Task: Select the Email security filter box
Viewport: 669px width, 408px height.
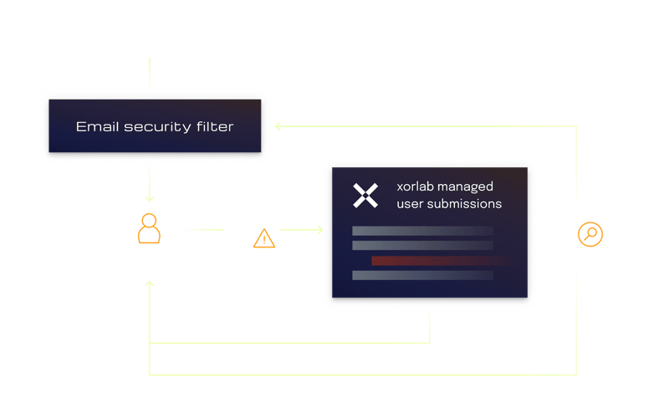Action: coord(155,127)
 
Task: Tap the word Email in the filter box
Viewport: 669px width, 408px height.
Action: coord(93,127)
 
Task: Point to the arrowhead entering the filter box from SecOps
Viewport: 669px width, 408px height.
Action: coord(280,127)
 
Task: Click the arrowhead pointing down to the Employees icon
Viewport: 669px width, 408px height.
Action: coord(149,197)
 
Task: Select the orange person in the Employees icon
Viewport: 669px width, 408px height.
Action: coord(149,228)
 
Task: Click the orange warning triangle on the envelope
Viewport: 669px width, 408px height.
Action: coord(264,240)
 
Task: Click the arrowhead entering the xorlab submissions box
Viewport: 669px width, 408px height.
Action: coord(319,229)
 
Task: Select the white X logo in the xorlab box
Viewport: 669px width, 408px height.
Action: coord(365,196)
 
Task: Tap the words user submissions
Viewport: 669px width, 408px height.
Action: coord(449,203)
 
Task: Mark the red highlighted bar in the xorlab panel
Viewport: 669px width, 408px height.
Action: coord(430,261)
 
